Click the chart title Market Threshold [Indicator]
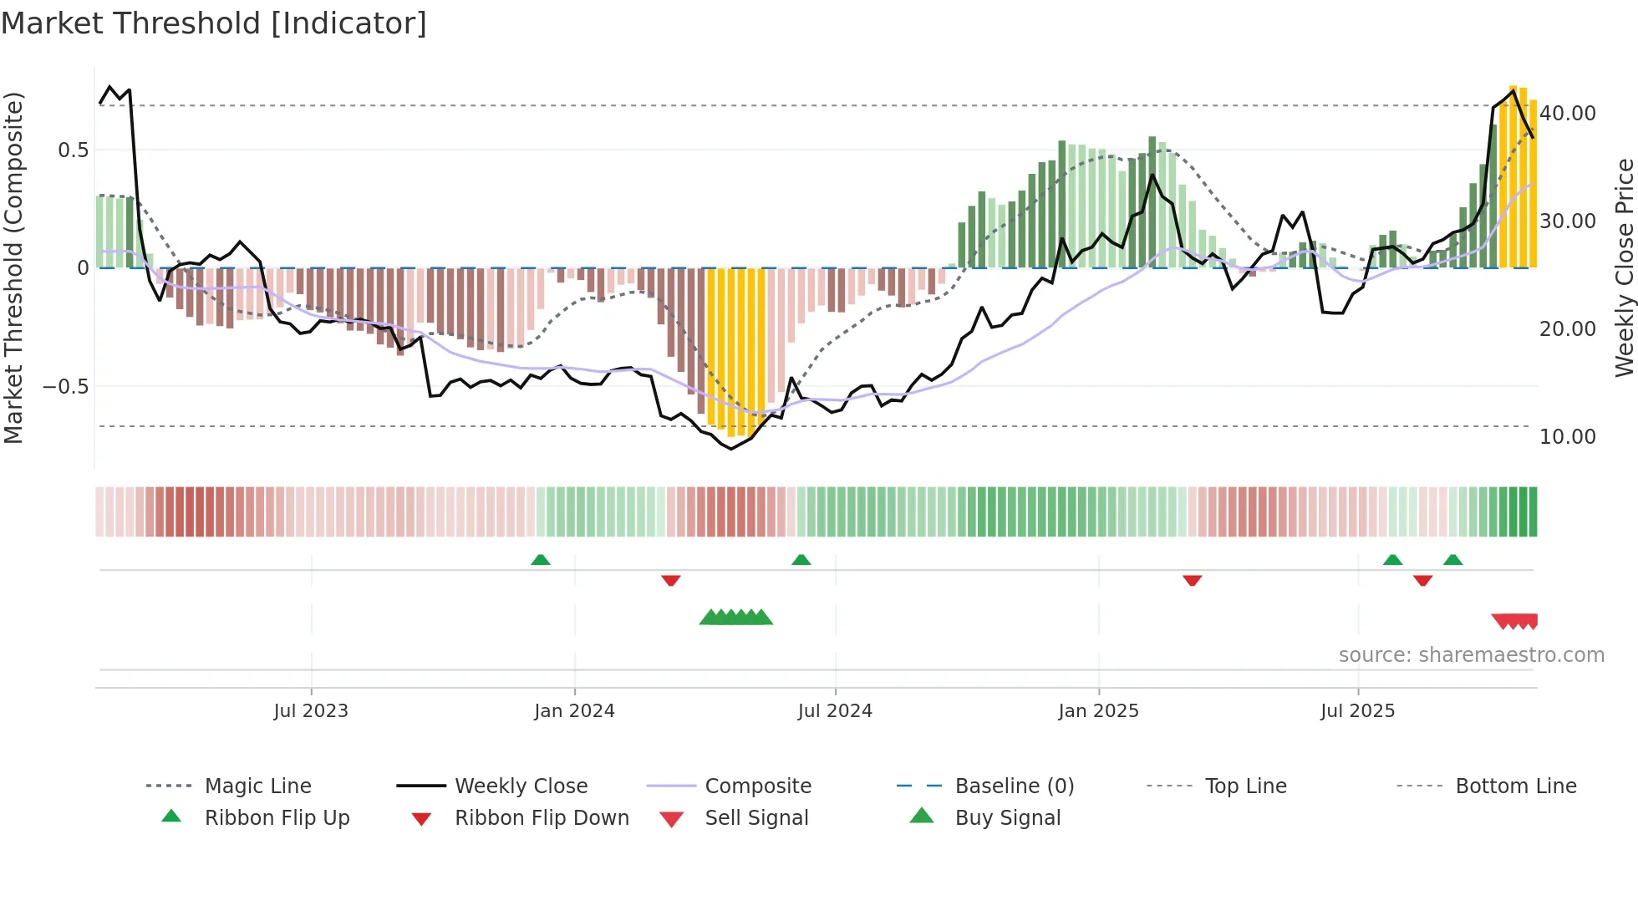point(214,23)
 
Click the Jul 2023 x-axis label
point(311,711)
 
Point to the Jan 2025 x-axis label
point(1098,711)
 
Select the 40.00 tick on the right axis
point(1567,114)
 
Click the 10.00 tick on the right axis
point(1567,437)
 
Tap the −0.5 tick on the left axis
point(65,387)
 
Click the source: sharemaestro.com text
point(1471,655)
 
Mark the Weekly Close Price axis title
point(1624,267)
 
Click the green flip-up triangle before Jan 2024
point(541,560)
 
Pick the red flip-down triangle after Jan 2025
point(1193,580)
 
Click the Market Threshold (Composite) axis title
point(13,267)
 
